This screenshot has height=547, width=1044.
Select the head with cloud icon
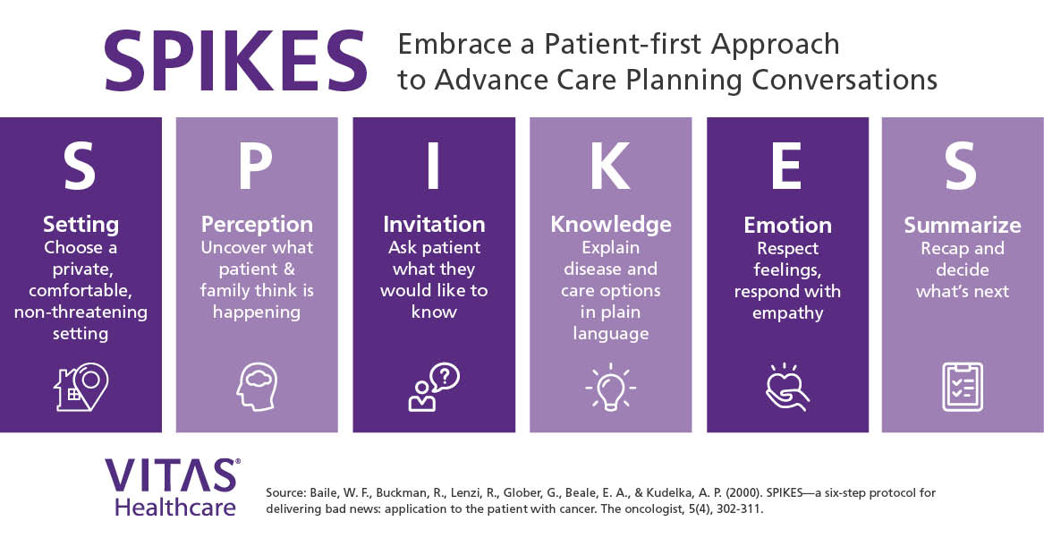(256, 386)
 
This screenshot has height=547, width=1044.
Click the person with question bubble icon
(433, 386)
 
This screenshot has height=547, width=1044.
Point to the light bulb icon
(610, 386)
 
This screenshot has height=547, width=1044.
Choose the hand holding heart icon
(787, 386)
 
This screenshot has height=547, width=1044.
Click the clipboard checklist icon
(962, 386)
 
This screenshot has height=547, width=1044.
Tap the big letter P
(257, 167)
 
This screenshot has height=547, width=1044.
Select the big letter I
(433, 167)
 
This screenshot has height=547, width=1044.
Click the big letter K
(610, 167)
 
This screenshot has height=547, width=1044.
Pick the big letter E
(787, 167)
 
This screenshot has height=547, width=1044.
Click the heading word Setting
(81, 224)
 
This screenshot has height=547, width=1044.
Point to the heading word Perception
(257, 224)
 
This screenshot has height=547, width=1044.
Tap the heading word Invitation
(434, 224)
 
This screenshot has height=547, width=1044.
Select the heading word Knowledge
(610, 224)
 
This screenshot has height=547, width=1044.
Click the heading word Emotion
(787, 225)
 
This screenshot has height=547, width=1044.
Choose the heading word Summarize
(962, 225)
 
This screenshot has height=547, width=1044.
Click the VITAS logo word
(171, 476)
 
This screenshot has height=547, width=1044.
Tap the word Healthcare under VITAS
(175, 507)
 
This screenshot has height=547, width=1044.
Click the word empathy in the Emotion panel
(787, 312)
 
